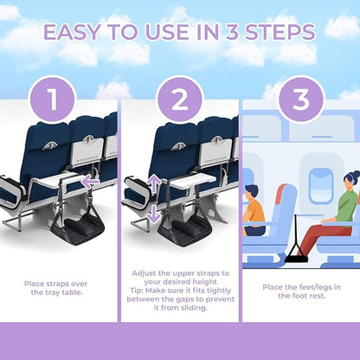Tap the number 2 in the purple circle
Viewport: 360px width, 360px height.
tap(179, 99)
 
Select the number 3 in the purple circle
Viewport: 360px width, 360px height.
tap(299, 99)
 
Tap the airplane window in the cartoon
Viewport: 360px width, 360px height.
tap(321, 185)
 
